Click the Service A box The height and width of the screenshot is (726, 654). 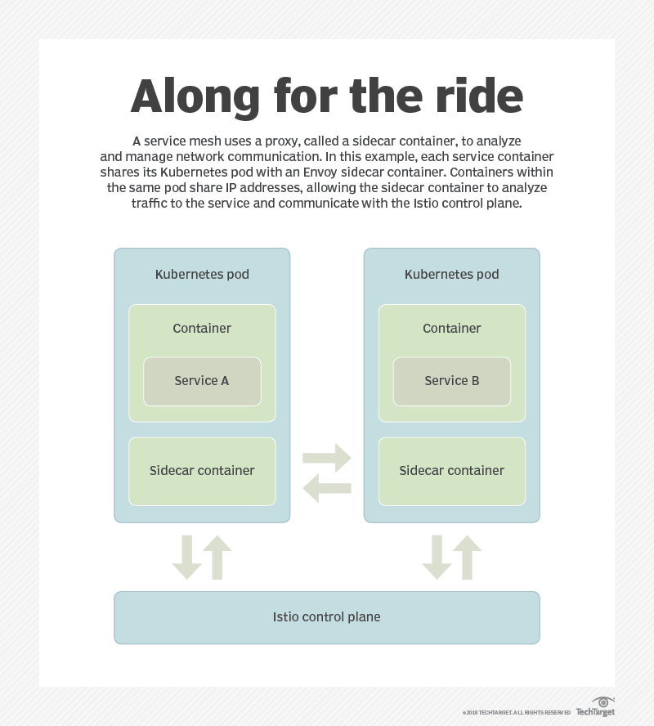tap(202, 381)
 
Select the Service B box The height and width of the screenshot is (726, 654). tap(452, 381)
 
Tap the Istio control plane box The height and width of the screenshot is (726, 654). tap(326, 617)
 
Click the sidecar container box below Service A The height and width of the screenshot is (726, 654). tap(202, 471)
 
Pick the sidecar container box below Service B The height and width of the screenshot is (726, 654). tap(452, 471)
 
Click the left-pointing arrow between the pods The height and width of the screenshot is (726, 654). tap(327, 489)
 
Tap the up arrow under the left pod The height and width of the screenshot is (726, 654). tap(217, 558)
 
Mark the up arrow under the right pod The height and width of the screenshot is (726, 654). tap(468, 558)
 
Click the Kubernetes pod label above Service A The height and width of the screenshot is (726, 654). tap(202, 275)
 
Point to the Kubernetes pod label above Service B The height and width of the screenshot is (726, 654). tap(452, 275)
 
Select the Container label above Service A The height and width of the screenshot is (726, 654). tap(202, 328)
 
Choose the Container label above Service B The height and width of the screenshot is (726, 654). tap(452, 328)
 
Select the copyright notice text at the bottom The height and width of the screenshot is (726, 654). tap(516, 713)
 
